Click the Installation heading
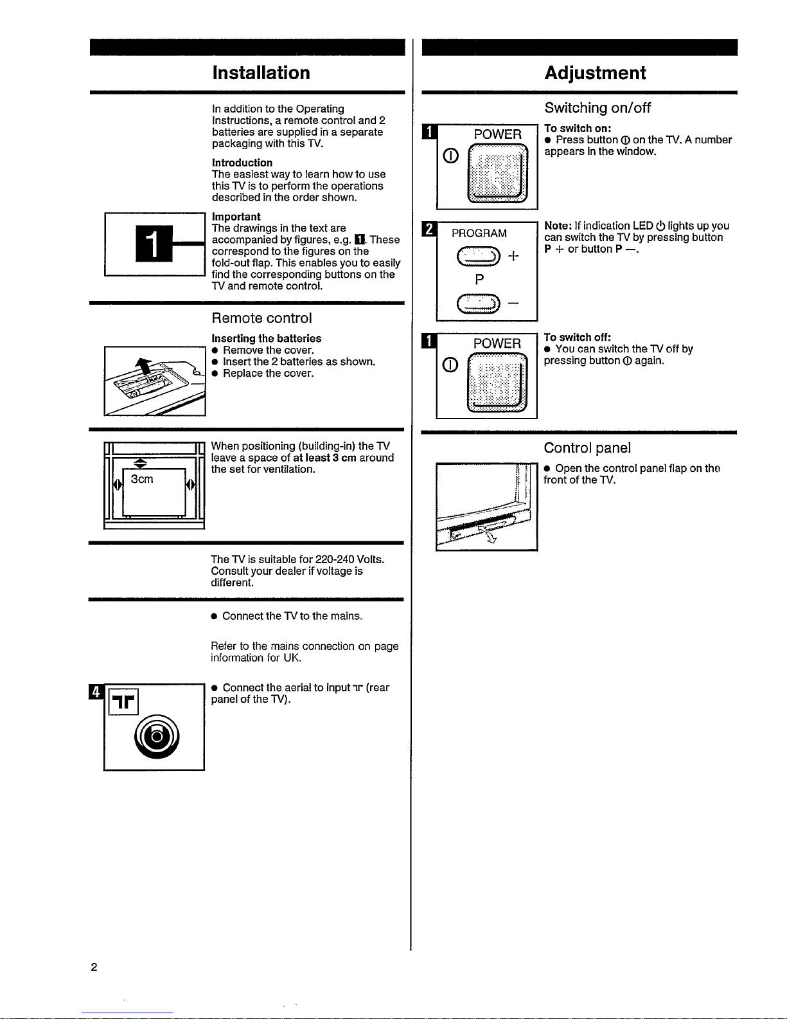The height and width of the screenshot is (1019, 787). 261,73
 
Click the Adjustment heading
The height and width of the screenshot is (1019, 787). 595,73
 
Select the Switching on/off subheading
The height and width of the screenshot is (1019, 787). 597,108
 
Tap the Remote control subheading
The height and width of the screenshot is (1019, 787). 261,318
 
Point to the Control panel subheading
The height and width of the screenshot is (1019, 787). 587,448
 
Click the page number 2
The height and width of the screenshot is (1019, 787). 94,967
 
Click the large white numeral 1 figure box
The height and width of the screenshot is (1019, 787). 154,244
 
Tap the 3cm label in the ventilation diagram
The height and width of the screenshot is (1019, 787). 142,479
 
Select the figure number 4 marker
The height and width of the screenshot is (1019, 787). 96,692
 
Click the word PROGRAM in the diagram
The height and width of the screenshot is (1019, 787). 479,233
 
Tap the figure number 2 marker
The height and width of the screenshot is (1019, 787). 428,229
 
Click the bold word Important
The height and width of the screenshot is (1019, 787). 236,217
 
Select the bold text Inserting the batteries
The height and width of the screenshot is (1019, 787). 266,338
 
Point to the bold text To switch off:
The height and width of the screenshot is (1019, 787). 577,338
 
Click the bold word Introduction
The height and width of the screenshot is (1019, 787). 242,163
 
